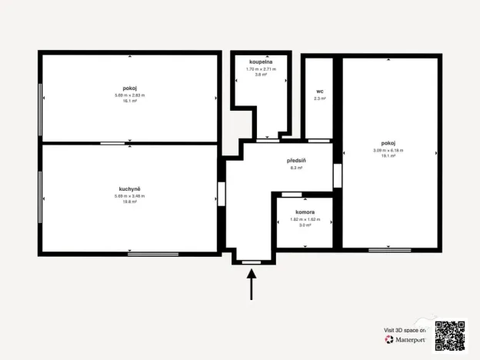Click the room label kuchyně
click(x=129, y=189)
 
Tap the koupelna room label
click(x=261, y=61)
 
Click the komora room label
click(x=305, y=211)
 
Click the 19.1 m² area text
click(x=388, y=155)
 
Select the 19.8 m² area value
click(x=129, y=202)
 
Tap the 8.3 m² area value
click(x=297, y=168)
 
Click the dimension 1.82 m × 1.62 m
click(x=305, y=219)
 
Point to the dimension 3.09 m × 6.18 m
click(x=388, y=150)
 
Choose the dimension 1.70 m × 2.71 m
click(x=261, y=69)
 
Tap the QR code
click(x=450, y=335)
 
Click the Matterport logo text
click(x=410, y=339)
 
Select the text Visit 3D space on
click(x=405, y=329)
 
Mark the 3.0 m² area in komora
click(x=305, y=225)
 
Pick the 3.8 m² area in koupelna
click(x=261, y=75)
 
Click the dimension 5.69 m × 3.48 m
click(x=129, y=196)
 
